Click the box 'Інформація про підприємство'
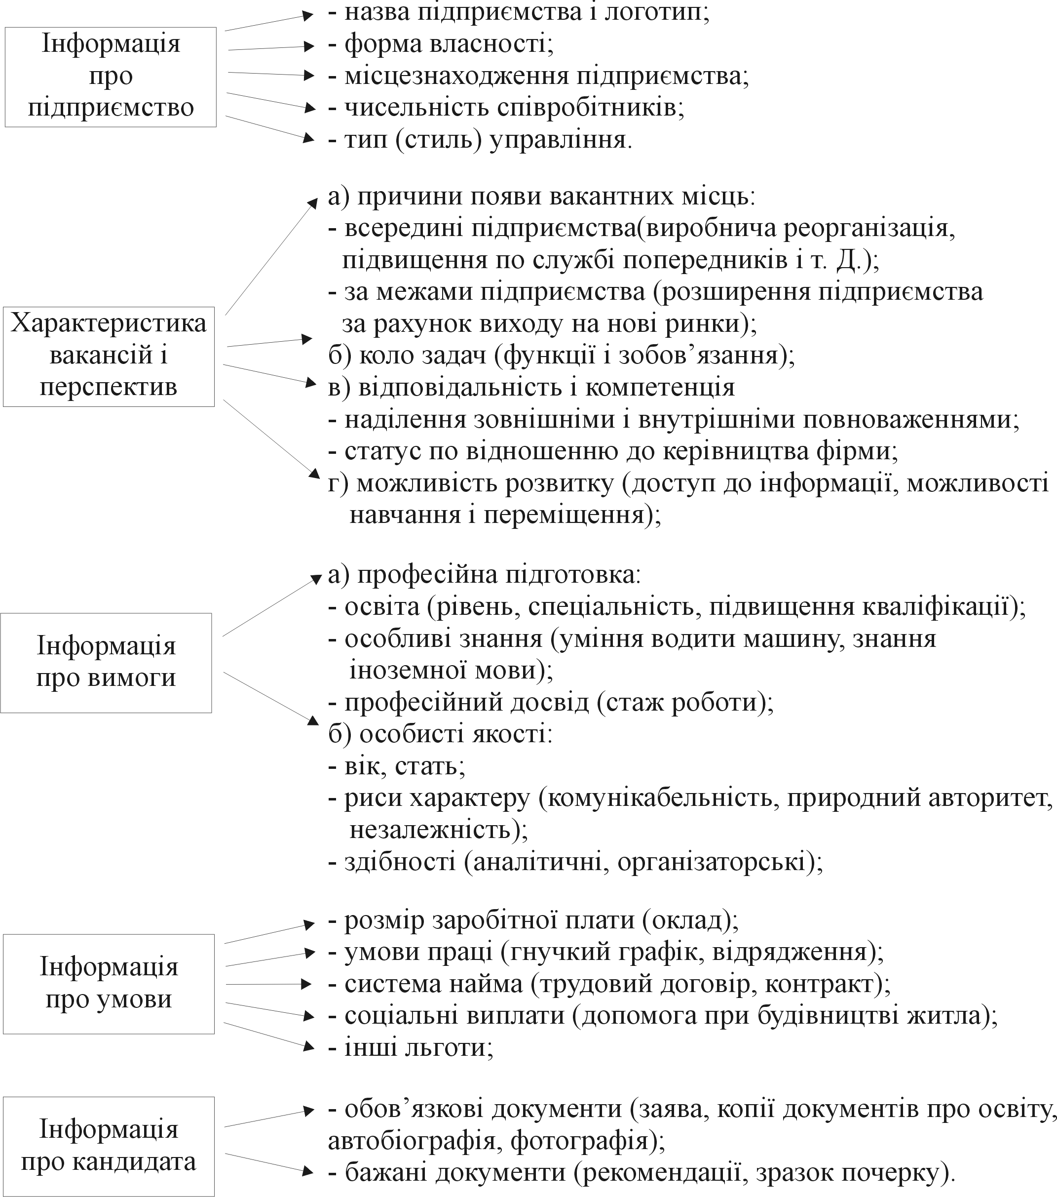tap(111, 77)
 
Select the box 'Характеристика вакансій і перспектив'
tap(109, 356)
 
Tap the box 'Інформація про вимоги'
tap(106, 662)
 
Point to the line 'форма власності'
tap(448, 44)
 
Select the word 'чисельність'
tap(416, 108)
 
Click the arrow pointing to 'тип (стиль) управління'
tap(266, 128)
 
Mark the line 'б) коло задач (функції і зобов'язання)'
tap(561, 356)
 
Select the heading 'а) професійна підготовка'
tap(485, 574)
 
